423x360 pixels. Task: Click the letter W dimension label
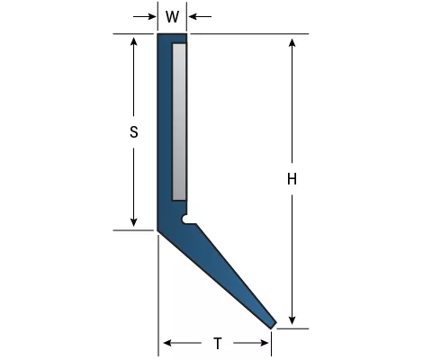(x=172, y=17)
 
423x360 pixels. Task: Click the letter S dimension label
(x=134, y=132)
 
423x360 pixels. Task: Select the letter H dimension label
(x=292, y=179)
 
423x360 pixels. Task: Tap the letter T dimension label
(x=218, y=344)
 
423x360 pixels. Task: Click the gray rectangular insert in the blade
(x=179, y=122)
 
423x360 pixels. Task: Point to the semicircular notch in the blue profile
(x=185, y=220)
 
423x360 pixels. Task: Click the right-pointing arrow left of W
(x=145, y=16)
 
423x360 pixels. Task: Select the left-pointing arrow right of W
(x=200, y=16)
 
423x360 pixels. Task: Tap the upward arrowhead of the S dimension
(x=134, y=40)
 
